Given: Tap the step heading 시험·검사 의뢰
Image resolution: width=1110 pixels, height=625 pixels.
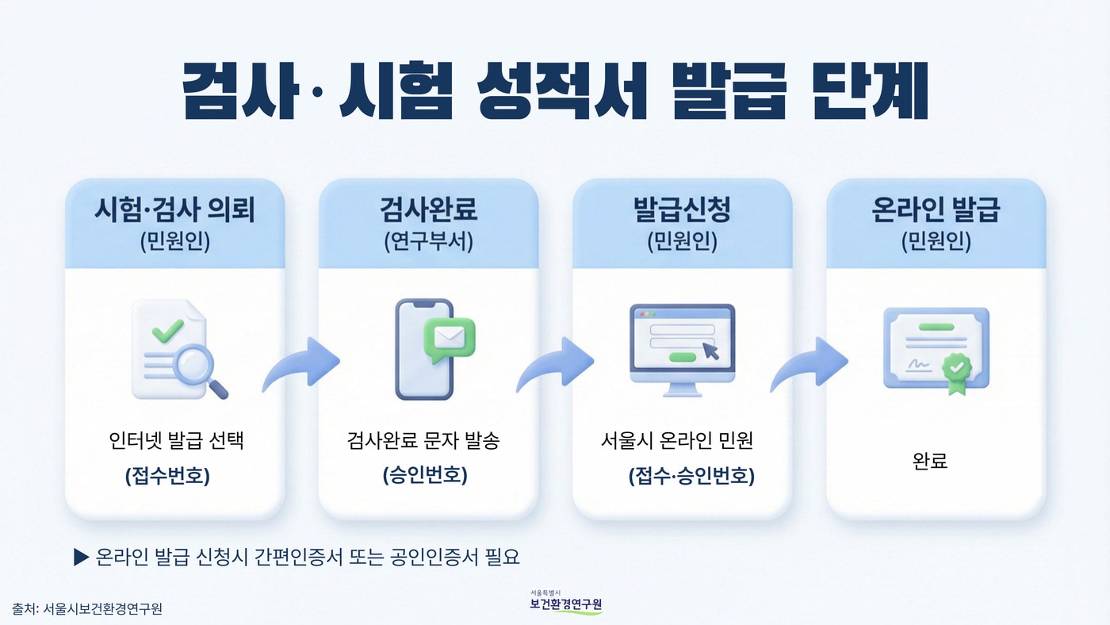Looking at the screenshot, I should [174, 210].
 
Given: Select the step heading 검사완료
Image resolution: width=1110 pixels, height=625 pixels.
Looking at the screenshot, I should [428, 210].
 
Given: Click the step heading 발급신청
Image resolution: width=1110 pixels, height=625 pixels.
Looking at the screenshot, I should [682, 210].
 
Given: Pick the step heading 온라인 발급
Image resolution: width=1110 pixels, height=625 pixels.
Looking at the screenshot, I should [936, 210].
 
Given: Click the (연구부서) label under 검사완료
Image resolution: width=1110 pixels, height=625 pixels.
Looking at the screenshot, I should [428, 242].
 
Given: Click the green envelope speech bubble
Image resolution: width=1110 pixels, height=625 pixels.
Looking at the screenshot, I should [449, 338].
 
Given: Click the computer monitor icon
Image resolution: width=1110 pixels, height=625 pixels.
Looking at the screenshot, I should [682, 349].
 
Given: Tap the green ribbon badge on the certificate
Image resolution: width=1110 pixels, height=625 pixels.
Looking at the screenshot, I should [956, 370].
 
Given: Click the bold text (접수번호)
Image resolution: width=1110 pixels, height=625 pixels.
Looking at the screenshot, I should [167, 476].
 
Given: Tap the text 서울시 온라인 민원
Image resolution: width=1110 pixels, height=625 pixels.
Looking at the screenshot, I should [676, 440].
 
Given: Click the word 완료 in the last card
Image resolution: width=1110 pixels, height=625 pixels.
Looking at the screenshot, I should [931, 460].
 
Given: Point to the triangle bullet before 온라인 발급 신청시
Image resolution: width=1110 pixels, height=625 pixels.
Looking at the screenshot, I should [80, 557].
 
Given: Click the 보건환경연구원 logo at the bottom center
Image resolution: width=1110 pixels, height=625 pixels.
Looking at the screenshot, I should [565, 604].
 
